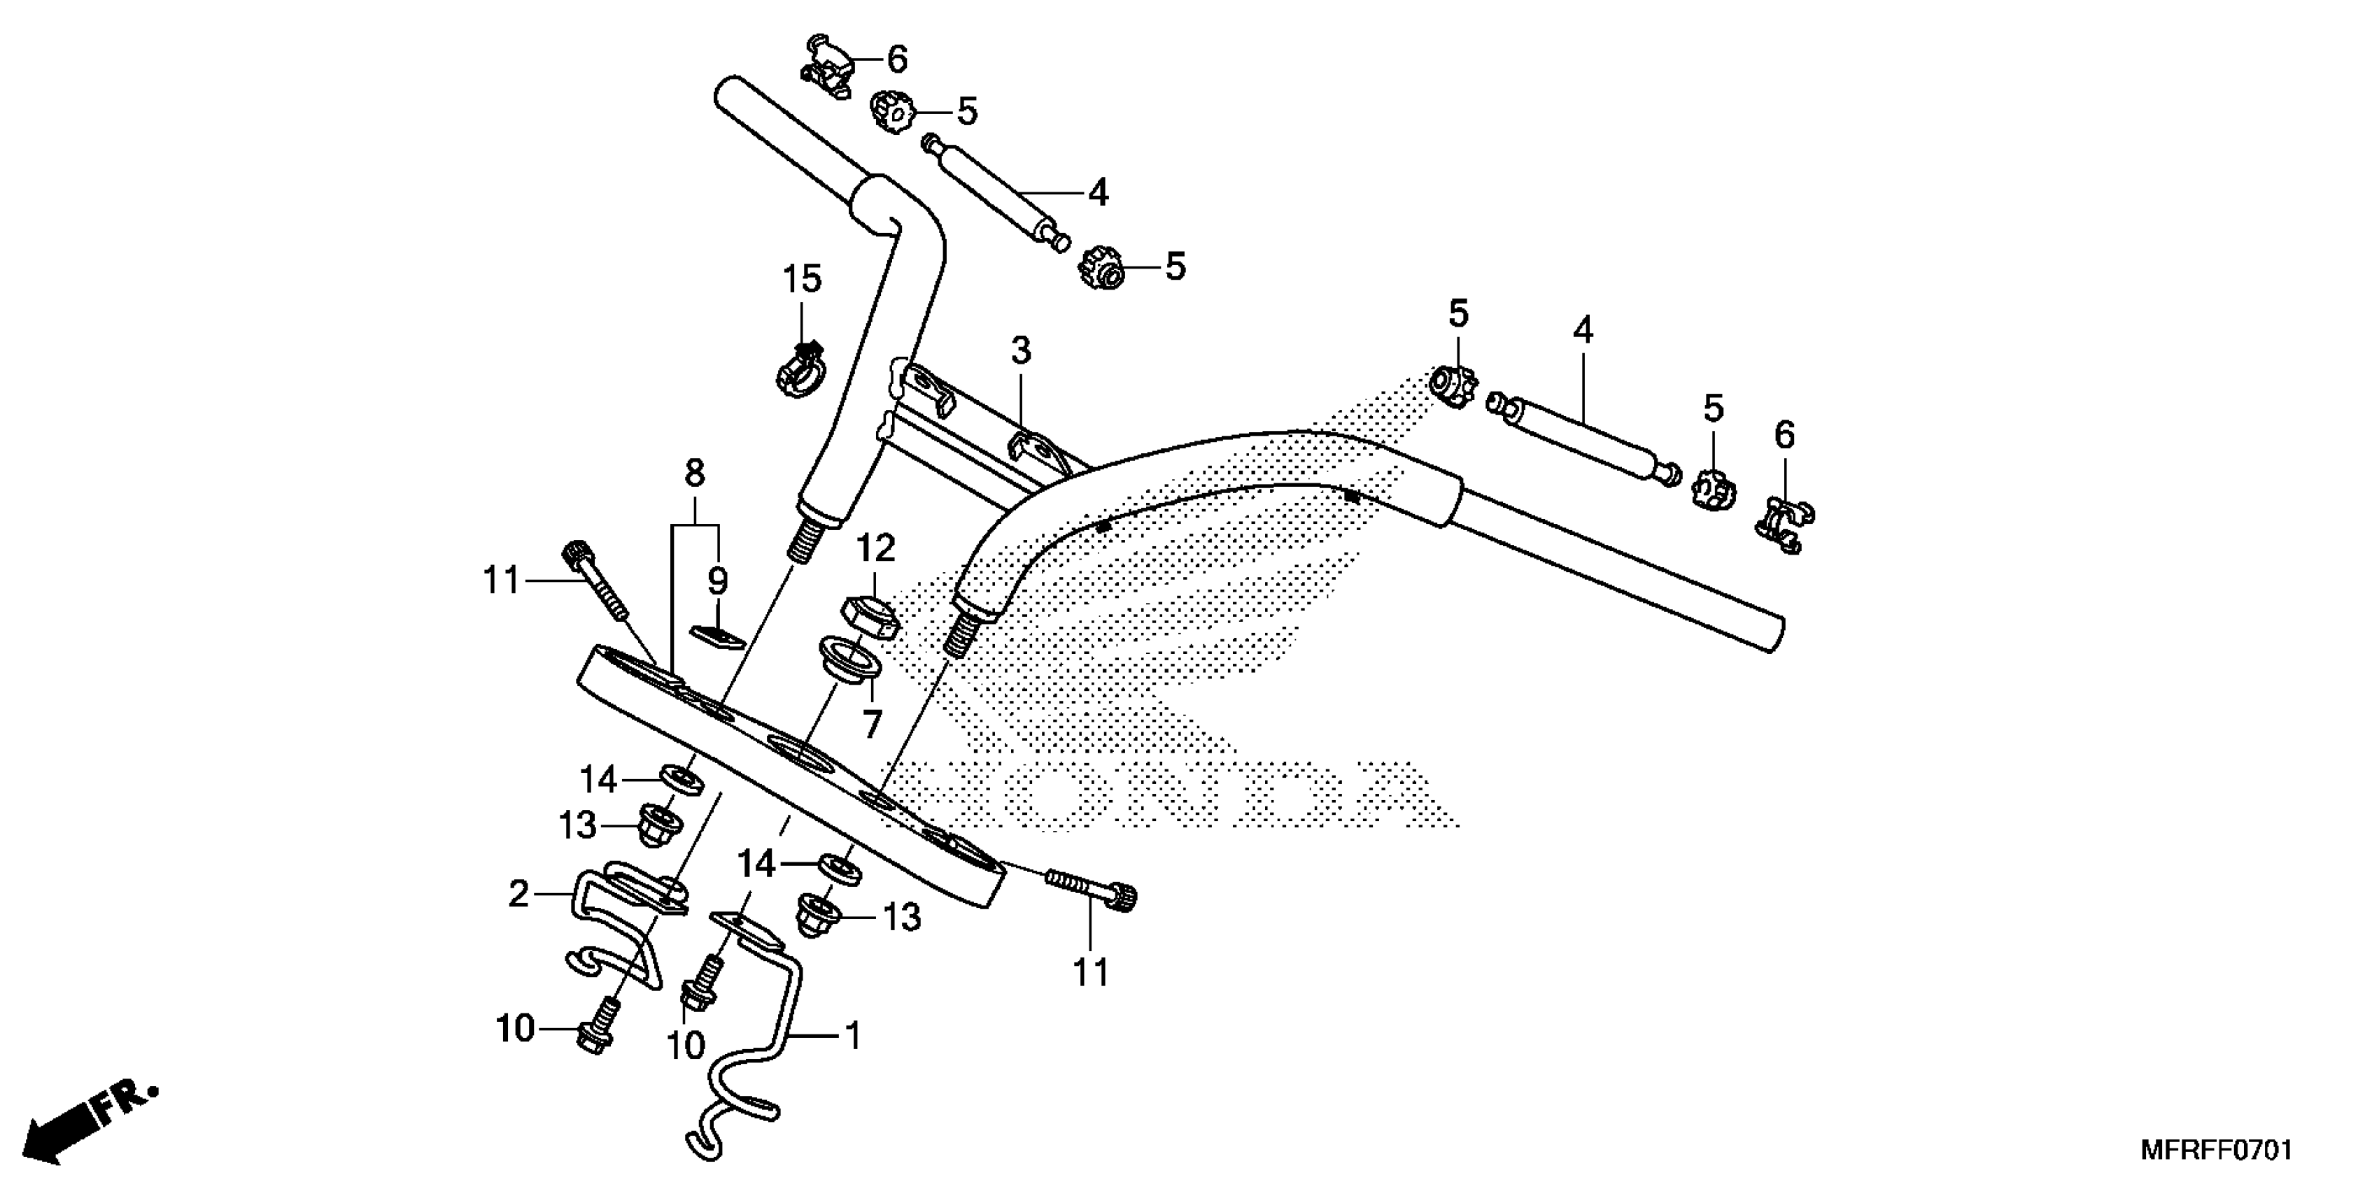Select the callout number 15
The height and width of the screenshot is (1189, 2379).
tap(802, 279)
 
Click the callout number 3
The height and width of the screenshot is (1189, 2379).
tap(1019, 351)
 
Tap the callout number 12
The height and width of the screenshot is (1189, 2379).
tap(875, 548)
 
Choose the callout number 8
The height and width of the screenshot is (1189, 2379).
tap(695, 474)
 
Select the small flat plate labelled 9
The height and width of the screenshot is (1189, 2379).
tap(718, 637)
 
